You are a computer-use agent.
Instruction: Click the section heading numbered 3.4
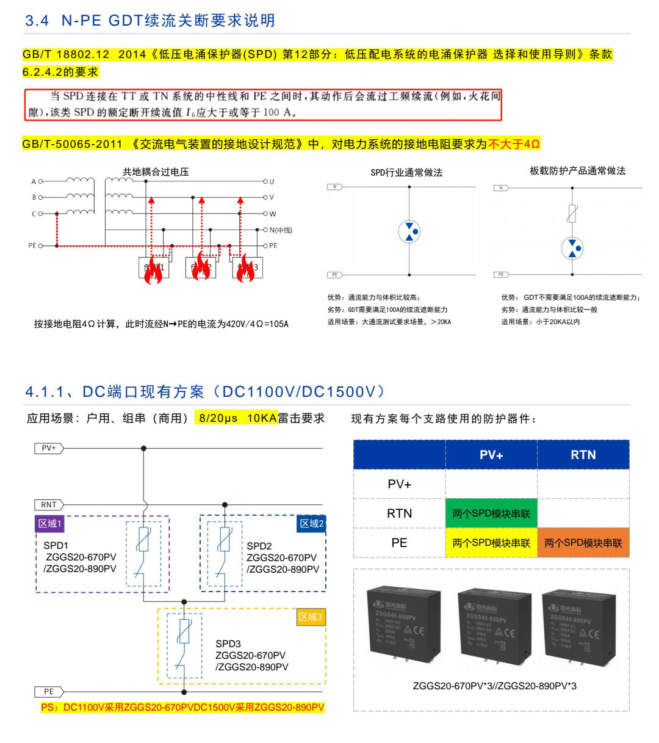[150, 21]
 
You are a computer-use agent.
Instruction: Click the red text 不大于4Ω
[514, 144]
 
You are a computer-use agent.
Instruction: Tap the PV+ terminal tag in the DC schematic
[49, 448]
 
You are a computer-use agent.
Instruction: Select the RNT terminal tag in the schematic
[49, 505]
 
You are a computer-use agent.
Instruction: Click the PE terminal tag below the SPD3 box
[49, 692]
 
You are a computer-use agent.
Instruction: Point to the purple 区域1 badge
[49, 524]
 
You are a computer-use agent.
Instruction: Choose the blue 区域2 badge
[311, 524]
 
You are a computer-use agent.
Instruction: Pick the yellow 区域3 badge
[310, 617]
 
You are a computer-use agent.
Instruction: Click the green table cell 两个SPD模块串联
[491, 513]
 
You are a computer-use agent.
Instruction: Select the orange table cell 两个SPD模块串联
[583, 543]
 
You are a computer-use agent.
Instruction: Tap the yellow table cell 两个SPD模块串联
[491, 543]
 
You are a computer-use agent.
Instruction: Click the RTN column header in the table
[583, 455]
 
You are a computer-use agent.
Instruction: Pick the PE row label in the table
[399, 543]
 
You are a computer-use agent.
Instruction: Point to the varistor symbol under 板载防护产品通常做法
[572, 214]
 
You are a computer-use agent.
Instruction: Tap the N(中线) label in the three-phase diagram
[281, 230]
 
